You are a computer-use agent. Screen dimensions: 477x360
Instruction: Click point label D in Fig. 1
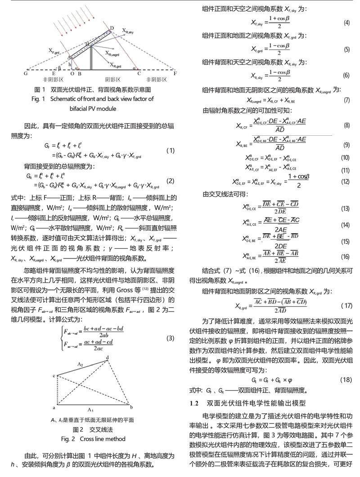(112, 28)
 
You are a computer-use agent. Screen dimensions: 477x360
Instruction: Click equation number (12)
(346, 182)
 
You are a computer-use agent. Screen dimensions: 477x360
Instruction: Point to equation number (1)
(170, 151)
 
